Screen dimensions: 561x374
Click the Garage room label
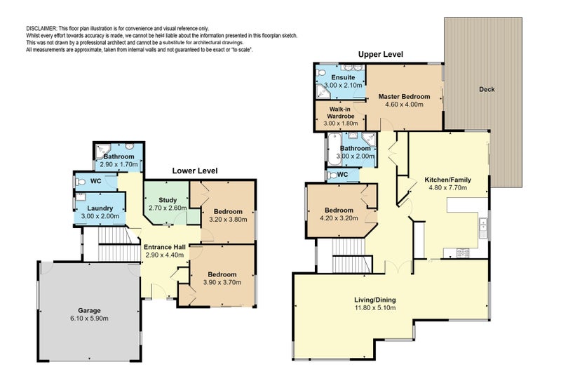coord(89,310)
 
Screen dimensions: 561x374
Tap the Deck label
coord(487,90)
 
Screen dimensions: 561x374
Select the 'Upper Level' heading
coord(380,55)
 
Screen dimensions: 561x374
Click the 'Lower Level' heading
coord(195,171)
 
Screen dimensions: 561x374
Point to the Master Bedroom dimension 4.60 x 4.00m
coord(404,105)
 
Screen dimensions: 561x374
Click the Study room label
coord(168,200)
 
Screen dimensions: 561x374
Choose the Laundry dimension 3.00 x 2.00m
coord(100,216)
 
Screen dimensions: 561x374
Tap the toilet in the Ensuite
coord(320,73)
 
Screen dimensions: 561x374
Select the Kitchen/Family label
coord(447,180)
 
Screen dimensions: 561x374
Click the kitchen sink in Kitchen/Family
coord(483,228)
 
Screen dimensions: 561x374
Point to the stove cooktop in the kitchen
coord(463,253)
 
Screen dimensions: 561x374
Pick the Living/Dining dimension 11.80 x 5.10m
coord(375,308)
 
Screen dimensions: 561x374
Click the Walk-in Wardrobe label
coord(341,112)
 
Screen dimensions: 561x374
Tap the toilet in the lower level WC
coord(80,182)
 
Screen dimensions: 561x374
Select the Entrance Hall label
coord(165,247)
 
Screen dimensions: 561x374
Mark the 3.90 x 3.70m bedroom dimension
coord(222,282)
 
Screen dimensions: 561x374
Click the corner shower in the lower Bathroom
coord(102,152)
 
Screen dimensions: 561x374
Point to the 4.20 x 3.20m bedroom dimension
coord(339,218)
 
